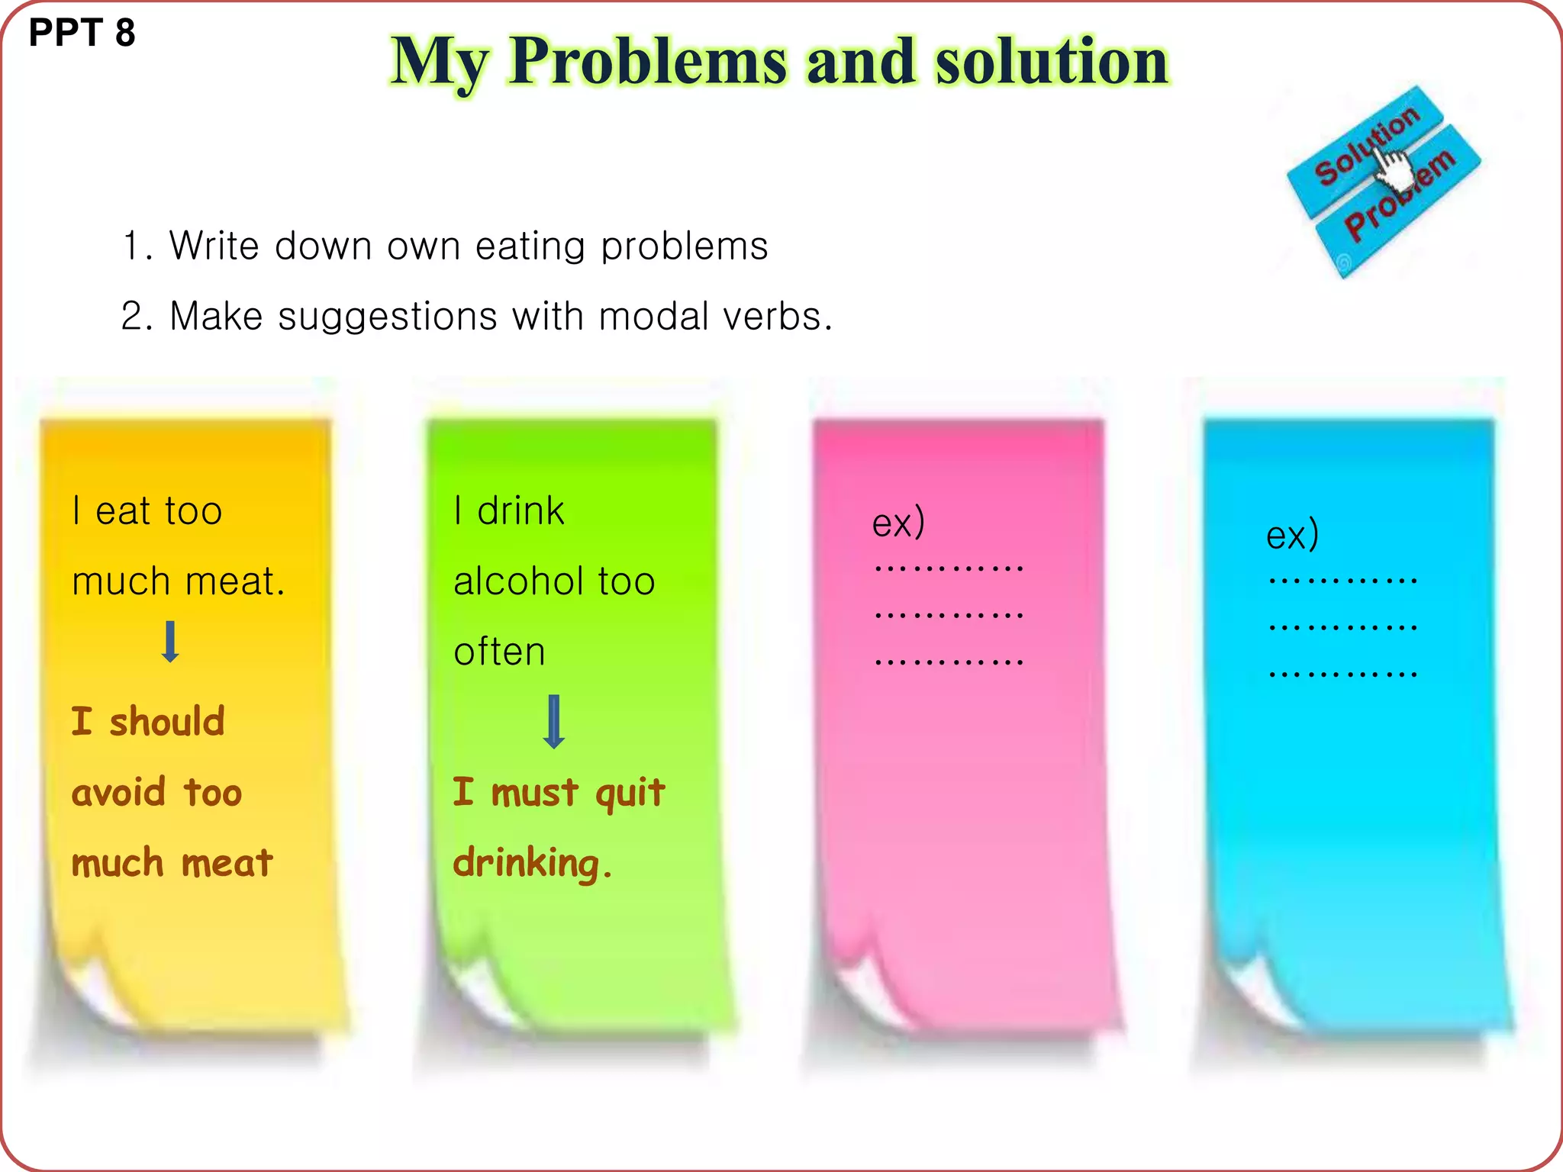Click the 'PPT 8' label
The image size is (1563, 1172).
pos(82,33)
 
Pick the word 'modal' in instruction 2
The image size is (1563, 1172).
pos(654,316)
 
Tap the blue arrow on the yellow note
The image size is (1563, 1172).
pos(171,641)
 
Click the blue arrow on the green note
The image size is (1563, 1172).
pos(554,721)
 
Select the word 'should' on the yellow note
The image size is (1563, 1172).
pos(167,722)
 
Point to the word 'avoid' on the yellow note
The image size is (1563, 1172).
pos(118,792)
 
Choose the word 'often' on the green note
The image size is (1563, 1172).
pos(499,652)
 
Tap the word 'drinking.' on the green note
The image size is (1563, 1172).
pos(533,864)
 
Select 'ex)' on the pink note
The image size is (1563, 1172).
pos(898,523)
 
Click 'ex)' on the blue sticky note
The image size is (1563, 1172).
pos(1292,535)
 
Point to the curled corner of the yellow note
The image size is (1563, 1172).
pos(95,984)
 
